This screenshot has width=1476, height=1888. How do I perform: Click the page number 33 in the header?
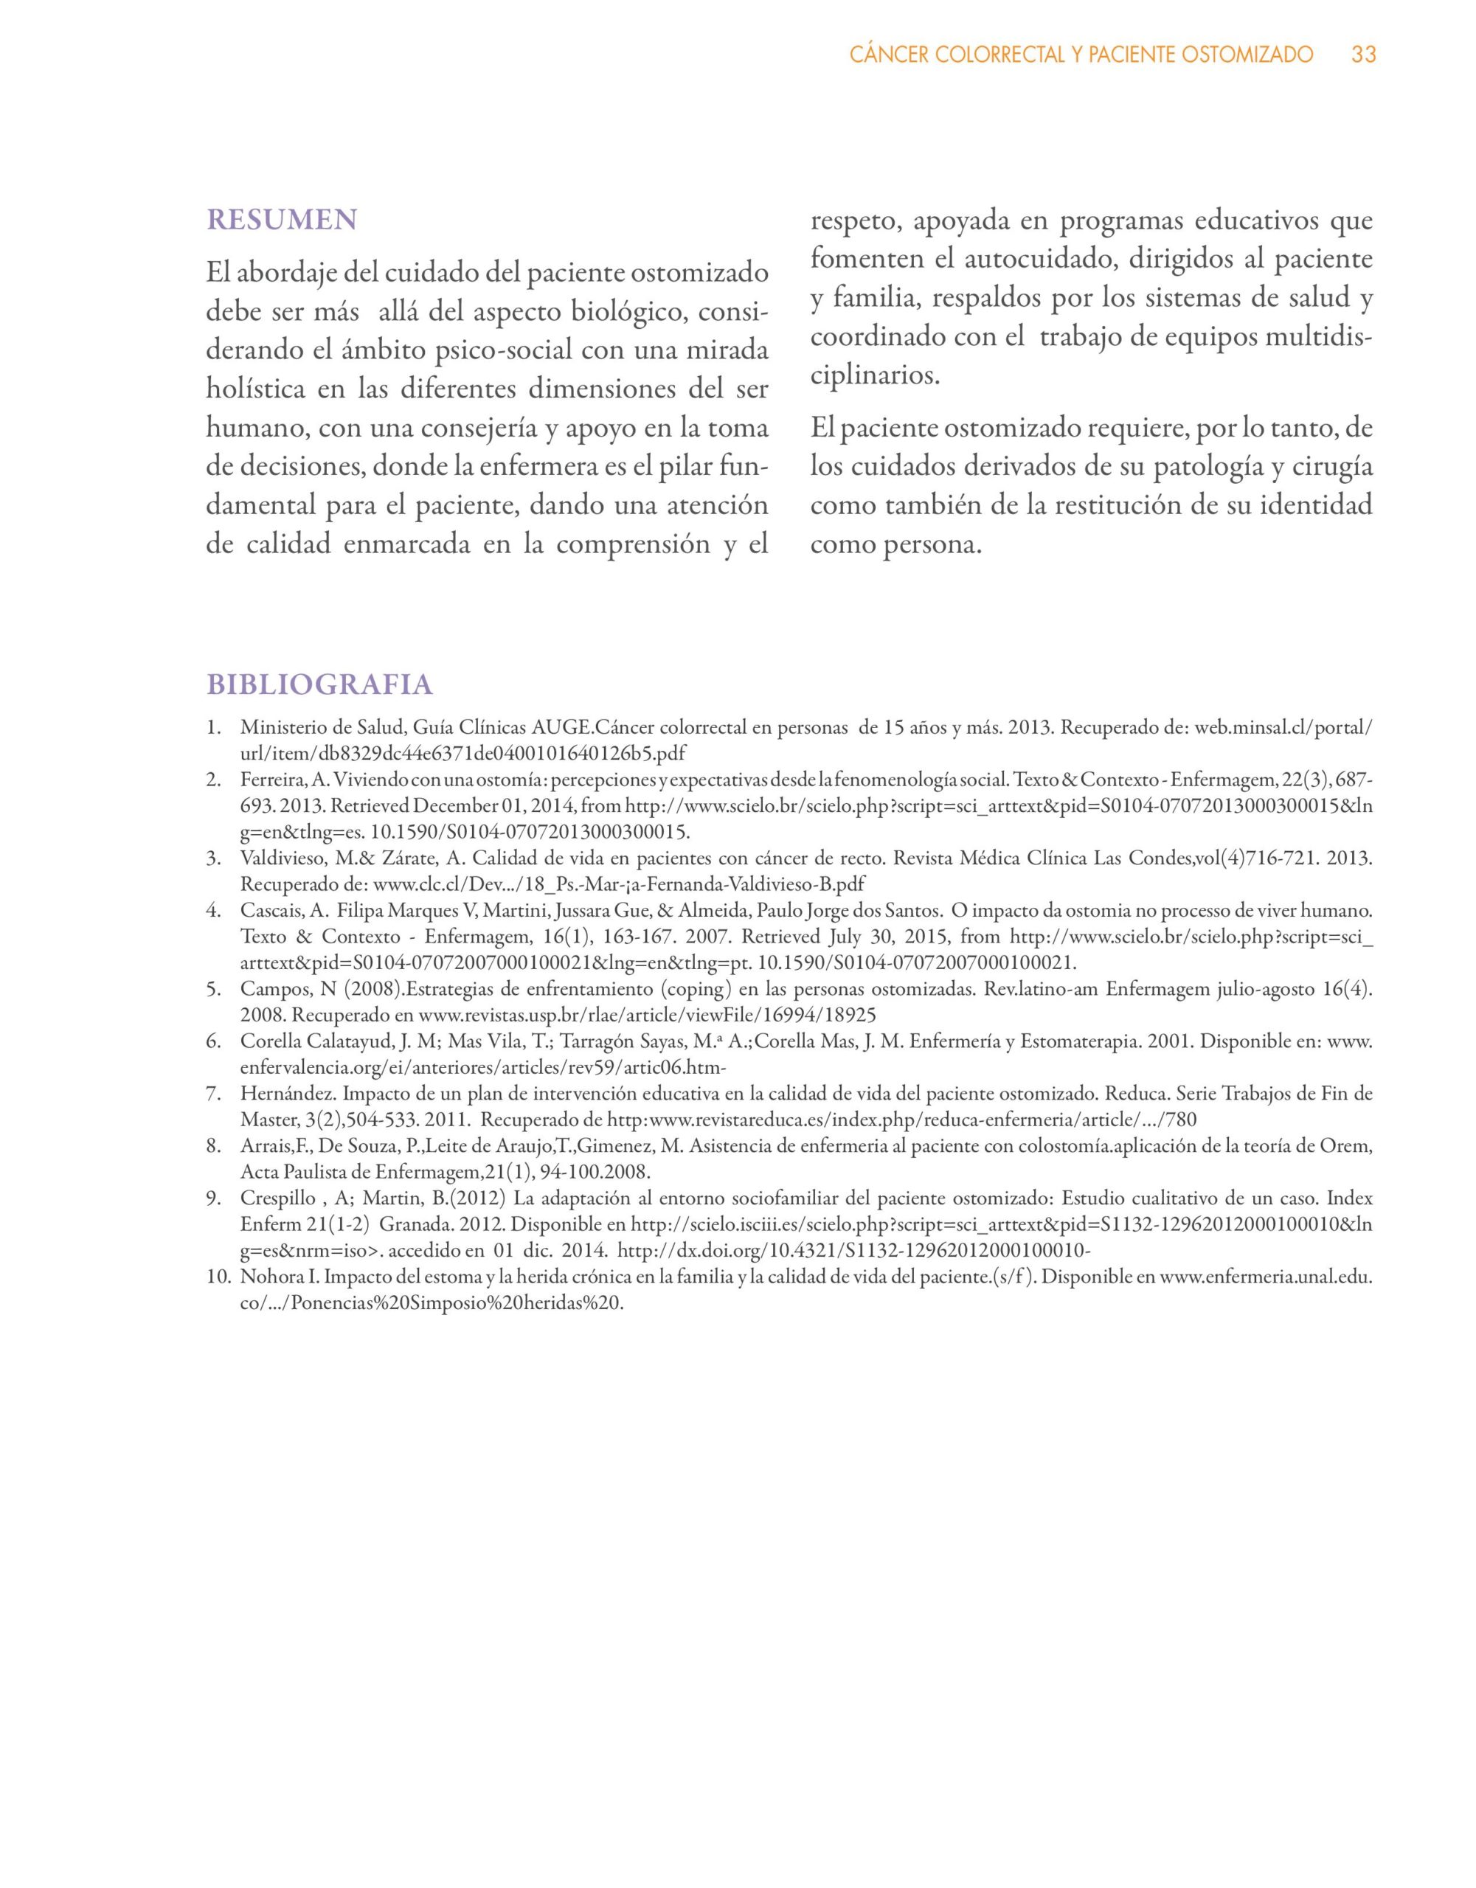(1364, 55)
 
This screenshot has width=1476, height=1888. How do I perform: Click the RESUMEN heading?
(281, 220)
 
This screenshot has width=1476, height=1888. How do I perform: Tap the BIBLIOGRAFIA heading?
(319, 684)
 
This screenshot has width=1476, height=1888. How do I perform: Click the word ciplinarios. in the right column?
(874, 377)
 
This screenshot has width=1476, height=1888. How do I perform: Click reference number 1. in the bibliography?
(215, 727)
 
